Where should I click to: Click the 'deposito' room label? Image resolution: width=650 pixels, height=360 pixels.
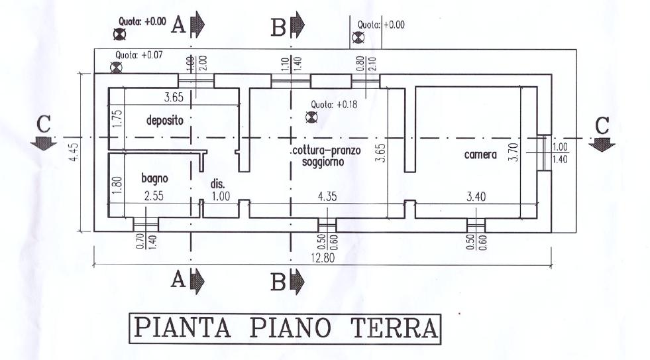pyautogui.click(x=164, y=121)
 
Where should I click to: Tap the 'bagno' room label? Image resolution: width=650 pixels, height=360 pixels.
pyautogui.click(x=154, y=178)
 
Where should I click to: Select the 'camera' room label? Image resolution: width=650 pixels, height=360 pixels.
pyautogui.click(x=480, y=154)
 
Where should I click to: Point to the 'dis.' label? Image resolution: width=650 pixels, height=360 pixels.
pyautogui.click(x=217, y=184)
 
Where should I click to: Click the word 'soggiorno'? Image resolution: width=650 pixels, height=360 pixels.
pyautogui.click(x=323, y=161)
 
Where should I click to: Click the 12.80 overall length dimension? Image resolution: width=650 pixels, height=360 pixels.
pyautogui.click(x=323, y=258)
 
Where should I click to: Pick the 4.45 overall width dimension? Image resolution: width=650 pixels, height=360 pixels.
pyautogui.click(x=74, y=152)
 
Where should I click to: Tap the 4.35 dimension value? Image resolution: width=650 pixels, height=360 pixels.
pyautogui.click(x=327, y=196)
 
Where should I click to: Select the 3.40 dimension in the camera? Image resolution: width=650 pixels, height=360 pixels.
pyautogui.click(x=476, y=196)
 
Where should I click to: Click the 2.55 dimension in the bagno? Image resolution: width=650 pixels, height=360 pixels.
pyautogui.click(x=154, y=196)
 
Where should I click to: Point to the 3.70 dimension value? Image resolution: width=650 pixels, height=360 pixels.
pyautogui.click(x=514, y=152)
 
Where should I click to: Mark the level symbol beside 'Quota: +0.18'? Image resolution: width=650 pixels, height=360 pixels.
pyautogui.click(x=311, y=117)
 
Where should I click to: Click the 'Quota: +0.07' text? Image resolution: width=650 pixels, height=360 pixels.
pyautogui.click(x=139, y=54)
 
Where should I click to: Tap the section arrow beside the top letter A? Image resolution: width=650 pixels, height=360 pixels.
pyautogui.click(x=197, y=25)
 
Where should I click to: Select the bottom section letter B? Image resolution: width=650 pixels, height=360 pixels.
pyautogui.click(x=278, y=282)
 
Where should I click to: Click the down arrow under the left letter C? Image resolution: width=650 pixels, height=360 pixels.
pyautogui.click(x=44, y=143)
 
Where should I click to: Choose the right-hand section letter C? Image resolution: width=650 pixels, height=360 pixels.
pyautogui.click(x=602, y=125)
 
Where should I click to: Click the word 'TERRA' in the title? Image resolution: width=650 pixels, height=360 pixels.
pyautogui.click(x=394, y=328)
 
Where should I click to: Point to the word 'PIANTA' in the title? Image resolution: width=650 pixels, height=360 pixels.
pyautogui.click(x=182, y=328)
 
